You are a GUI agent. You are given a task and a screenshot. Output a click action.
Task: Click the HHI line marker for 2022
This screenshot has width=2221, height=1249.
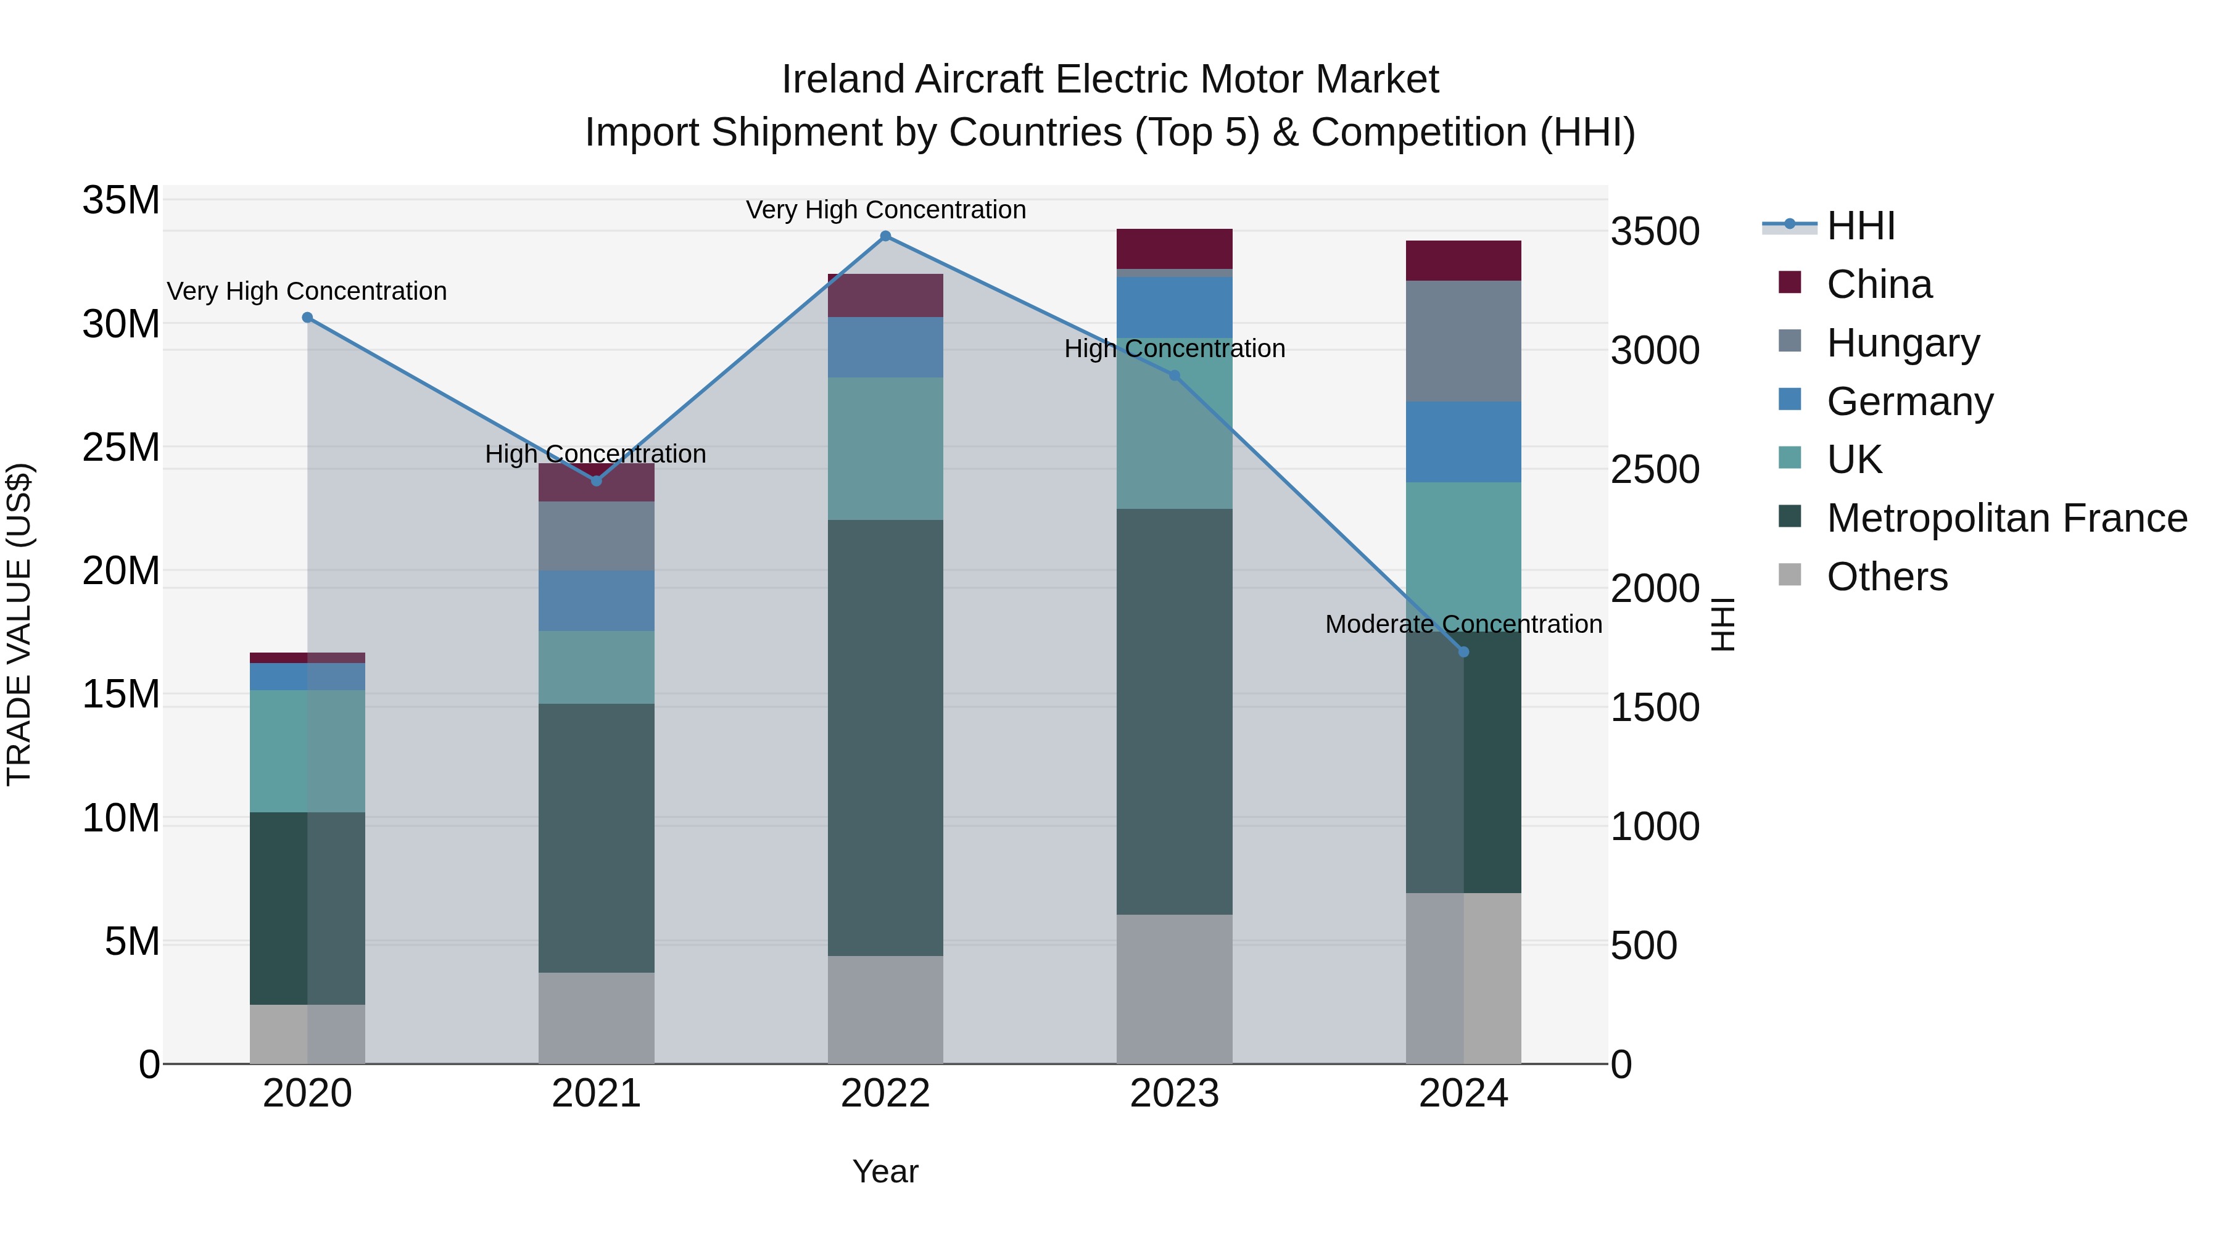click(x=885, y=236)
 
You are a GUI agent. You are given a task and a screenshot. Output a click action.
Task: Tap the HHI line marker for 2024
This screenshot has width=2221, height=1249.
click(x=1463, y=652)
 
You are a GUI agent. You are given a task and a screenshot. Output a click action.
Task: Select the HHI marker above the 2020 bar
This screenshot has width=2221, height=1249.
click(x=308, y=318)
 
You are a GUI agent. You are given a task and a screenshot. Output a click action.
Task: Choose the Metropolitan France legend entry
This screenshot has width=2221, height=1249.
click(x=2006, y=518)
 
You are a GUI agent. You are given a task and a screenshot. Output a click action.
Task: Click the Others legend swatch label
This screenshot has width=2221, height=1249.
click(x=1887, y=577)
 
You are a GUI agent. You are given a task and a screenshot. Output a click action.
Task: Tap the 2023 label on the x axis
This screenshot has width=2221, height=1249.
click(x=1174, y=1094)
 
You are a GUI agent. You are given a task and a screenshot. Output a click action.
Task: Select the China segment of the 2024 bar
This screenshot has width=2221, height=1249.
click(x=1463, y=261)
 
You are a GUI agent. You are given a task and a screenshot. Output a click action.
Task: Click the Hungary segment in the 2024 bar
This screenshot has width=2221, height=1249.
click(x=1463, y=341)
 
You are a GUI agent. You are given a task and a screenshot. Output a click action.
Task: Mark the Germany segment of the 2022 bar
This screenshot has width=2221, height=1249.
click(x=885, y=347)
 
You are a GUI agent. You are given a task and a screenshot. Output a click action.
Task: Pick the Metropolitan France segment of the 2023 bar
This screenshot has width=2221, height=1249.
click(x=1174, y=711)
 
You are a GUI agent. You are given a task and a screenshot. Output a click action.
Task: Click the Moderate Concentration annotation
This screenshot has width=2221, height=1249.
click(x=1463, y=624)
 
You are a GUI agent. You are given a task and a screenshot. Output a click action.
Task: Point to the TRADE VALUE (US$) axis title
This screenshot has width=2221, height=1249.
click(x=19, y=624)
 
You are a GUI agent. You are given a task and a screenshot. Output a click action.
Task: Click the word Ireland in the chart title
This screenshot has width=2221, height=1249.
click(x=843, y=80)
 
